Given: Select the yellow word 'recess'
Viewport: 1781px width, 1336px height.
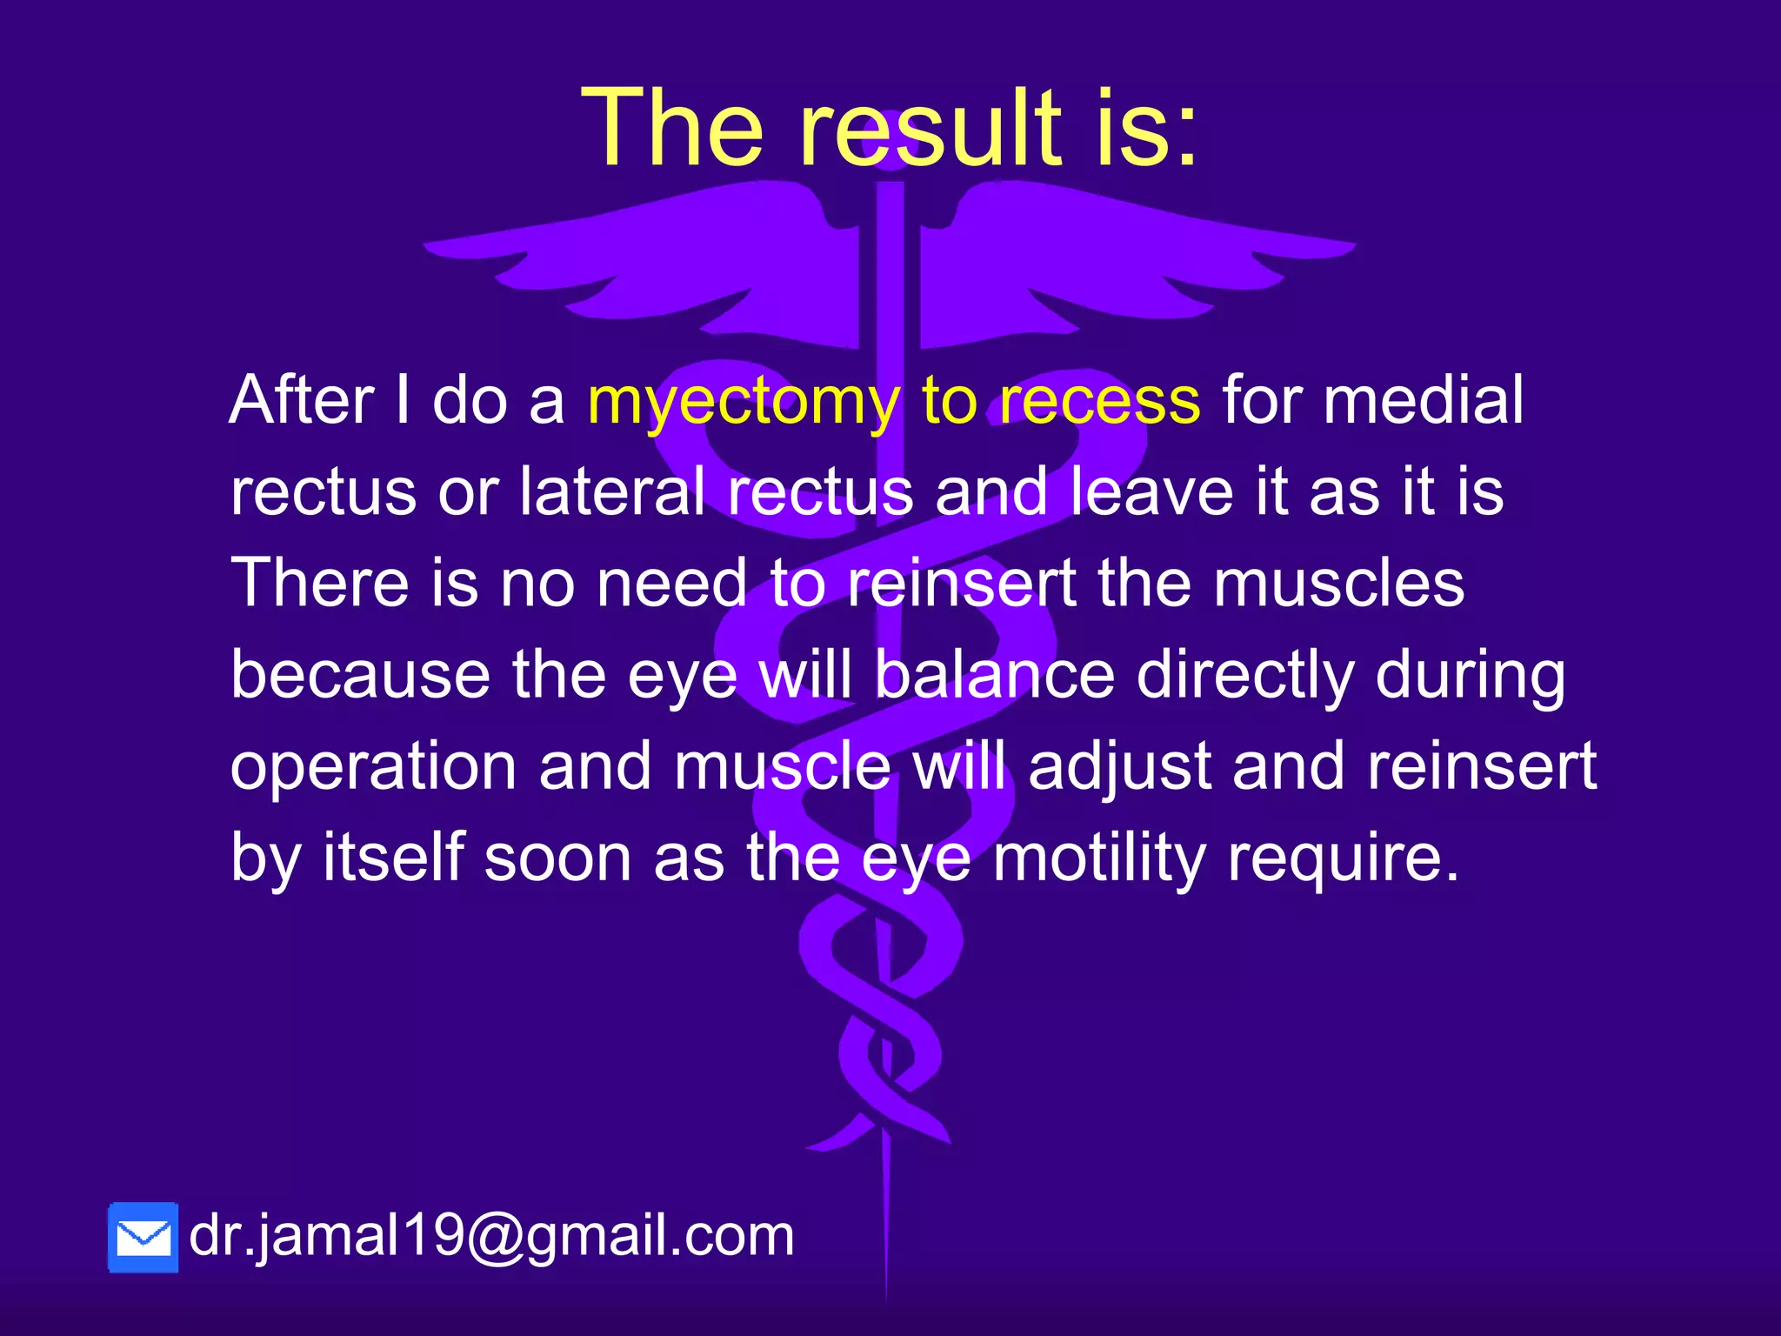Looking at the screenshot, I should point(1099,400).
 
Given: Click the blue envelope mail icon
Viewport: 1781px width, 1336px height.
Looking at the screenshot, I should point(143,1238).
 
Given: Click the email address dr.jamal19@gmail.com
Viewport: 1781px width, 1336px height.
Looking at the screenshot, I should point(491,1235).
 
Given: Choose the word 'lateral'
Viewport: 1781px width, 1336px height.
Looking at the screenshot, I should point(612,491).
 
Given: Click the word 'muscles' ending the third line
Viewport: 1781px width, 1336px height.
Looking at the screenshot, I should point(1338,583).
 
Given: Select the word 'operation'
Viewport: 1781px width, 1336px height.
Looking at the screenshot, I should point(374,767).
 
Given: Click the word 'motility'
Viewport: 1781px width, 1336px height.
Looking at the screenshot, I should point(1099,858).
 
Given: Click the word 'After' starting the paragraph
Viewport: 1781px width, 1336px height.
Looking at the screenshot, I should point(302,400).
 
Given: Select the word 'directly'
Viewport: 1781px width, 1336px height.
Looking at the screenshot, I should point(1244,674).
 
